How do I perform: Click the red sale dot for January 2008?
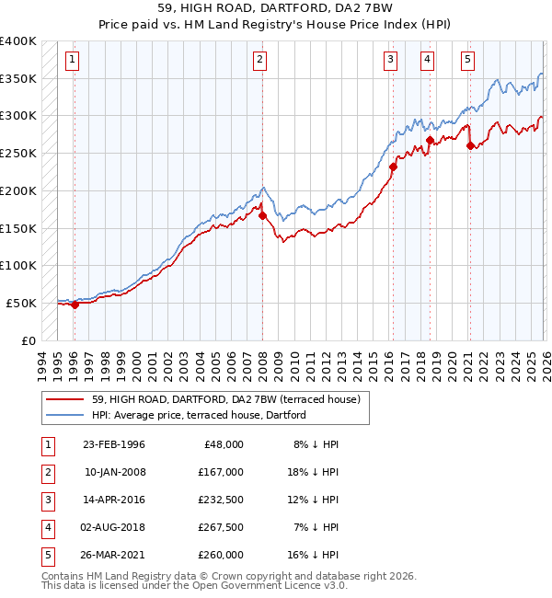[x=262, y=216]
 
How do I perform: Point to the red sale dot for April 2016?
[x=393, y=167]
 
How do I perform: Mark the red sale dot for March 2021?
[x=470, y=145]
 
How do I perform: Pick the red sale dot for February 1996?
[x=75, y=305]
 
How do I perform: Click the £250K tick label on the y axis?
[x=18, y=153]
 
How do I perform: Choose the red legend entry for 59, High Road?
[x=230, y=399]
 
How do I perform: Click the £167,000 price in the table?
[x=221, y=471]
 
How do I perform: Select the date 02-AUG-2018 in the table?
[x=114, y=526]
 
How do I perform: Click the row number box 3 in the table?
[x=46, y=499]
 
